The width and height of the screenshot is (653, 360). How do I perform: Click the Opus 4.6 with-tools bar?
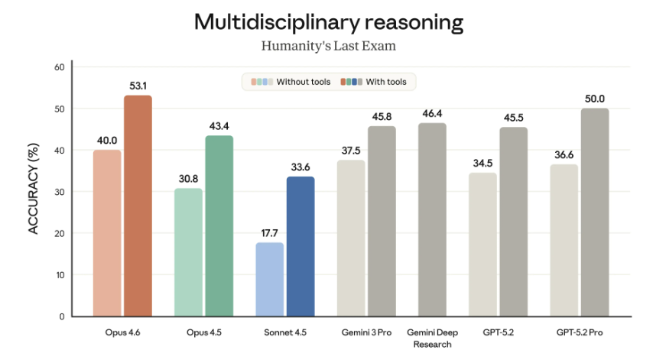138,206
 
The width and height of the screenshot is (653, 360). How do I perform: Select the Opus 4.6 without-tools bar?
107,232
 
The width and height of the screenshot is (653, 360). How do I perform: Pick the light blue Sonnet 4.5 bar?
269,279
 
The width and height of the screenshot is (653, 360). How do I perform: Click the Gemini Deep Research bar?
432,219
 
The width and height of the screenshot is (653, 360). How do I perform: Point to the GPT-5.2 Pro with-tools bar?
595,212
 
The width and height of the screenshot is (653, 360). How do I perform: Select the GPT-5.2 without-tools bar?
482,244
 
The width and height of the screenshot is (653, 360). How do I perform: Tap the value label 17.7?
269,233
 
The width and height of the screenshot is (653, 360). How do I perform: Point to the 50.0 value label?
595,99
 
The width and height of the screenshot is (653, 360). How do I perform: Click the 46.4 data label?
432,113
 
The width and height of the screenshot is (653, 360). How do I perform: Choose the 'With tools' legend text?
386,81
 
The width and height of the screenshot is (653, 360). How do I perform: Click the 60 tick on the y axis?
58,67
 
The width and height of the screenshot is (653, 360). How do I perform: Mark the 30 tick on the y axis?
58,192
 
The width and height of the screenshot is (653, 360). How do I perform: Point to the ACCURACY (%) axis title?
34,190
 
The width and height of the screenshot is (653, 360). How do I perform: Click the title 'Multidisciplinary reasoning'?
329,21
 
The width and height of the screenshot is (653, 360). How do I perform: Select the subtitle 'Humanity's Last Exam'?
329,46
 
